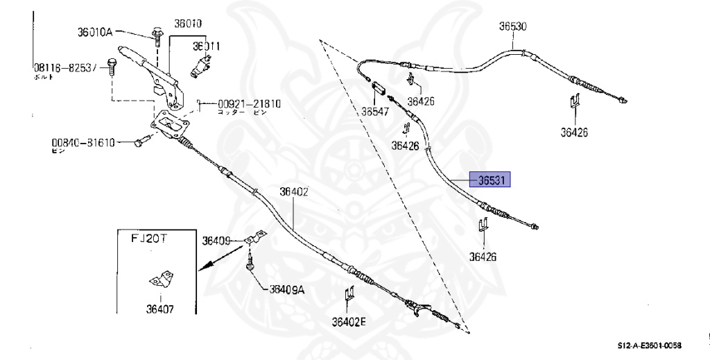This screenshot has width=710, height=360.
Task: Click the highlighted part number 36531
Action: click(x=490, y=180)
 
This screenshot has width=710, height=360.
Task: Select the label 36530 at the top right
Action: click(x=513, y=27)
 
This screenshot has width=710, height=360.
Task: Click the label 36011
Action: click(x=207, y=47)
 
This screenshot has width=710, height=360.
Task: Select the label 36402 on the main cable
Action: click(x=294, y=192)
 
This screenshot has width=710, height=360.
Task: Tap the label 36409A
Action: click(x=286, y=290)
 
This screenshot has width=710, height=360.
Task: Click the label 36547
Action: click(x=376, y=110)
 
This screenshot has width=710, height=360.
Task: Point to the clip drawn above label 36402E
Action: click(x=349, y=295)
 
